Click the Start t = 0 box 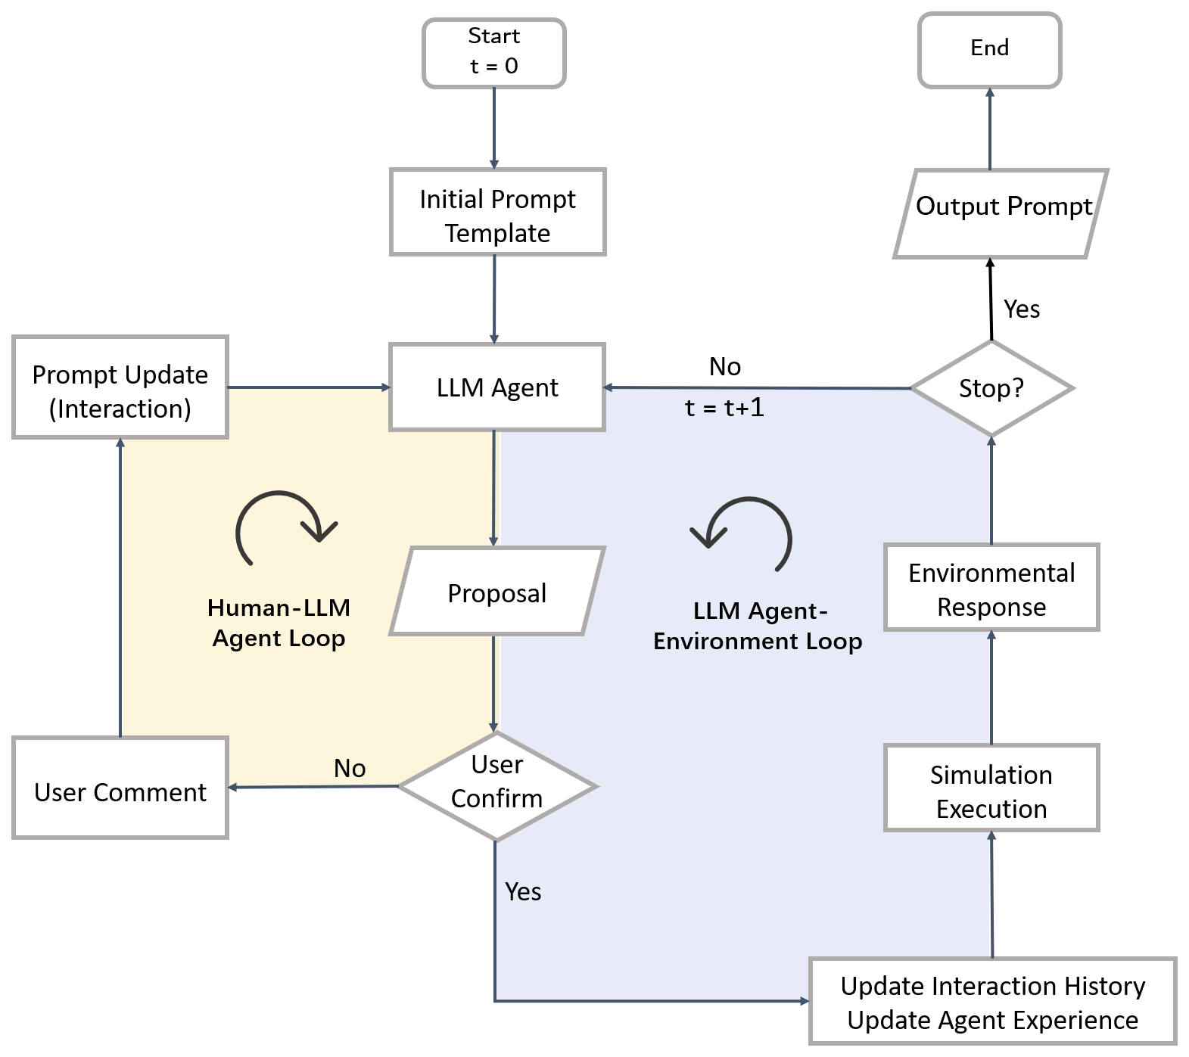tap(494, 53)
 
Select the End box tap(989, 49)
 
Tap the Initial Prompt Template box tap(497, 213)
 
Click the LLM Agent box tap(497, 387)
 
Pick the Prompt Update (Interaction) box tap(120, 387)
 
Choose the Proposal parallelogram tap(497, 592)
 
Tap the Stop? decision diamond tap(991, 388)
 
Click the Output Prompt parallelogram tap(1001, 214)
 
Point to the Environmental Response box tap(991, 587)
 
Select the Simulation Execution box tap(991, 788)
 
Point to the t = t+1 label tap(724, 409)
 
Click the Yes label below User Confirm tap(523, 892)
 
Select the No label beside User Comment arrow tap(350, 769)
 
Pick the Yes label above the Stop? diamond tap(1022, 309)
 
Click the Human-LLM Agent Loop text tap(279, 623)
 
